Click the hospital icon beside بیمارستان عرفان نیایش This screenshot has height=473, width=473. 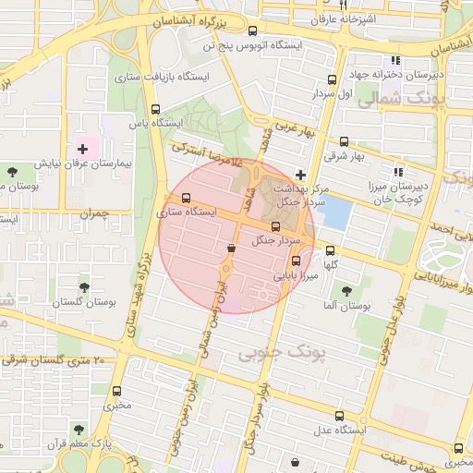(x=82, y=148)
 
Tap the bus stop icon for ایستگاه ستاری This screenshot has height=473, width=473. (x=188, y=199)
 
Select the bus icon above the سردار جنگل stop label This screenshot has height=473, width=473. (x=275, y=226)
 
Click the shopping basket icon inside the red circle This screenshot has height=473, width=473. (x=230, y=248)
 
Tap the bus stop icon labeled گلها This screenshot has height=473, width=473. (x=332, y=249)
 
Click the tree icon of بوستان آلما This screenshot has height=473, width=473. (x=346, y=291)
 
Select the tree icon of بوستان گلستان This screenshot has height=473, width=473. (x=85, y=288)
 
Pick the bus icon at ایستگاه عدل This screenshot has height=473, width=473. (x=340, y=416)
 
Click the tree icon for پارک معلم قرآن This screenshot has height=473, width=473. (x=79, y=430)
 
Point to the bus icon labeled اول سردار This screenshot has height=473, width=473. (x=332, y=80)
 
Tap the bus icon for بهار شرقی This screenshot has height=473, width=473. (x=345, y=142)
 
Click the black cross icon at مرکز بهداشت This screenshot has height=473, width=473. (x=300, y=175)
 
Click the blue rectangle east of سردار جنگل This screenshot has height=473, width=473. (x=337, y=214)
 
